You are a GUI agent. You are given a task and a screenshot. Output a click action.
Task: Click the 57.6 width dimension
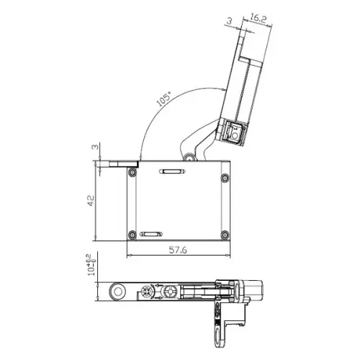(x=179, y=250)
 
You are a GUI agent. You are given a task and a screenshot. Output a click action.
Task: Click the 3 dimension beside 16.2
(x=229, y=22)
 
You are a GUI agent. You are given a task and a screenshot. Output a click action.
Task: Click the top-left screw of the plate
(x=132, y=173)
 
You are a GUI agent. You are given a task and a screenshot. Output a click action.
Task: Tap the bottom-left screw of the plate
(x=132, y=233)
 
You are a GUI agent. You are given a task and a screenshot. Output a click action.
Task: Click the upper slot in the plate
(x=173, y=171)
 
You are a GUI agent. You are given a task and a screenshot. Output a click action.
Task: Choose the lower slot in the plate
(x=152, y=234)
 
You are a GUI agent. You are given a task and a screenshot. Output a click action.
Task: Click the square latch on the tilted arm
(x=233, y=132)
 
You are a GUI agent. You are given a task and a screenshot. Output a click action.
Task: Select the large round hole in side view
(x=114, y=292)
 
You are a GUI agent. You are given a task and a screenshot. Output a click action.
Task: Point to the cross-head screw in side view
(x=147, y=292)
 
